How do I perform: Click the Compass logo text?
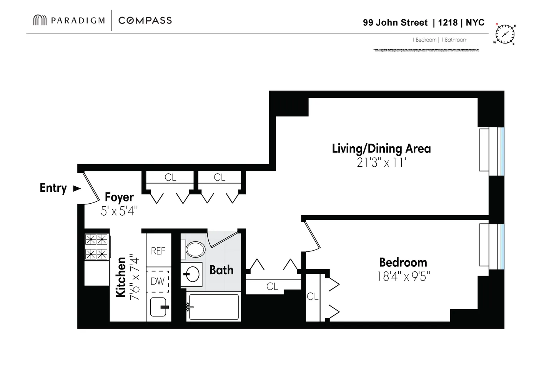145,20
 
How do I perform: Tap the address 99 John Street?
395,23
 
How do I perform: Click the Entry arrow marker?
77,188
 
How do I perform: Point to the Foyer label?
119,197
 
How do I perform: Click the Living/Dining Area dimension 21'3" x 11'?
381,163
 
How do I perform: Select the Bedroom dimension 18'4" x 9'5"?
403,276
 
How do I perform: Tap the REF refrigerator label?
158,251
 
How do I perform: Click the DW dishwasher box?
158,281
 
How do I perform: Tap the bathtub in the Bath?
214,307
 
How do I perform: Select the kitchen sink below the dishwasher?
159,307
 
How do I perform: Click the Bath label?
221,270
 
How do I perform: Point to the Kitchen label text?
121,277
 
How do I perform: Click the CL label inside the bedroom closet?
312,296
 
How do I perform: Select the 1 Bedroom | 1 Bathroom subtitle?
439,40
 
